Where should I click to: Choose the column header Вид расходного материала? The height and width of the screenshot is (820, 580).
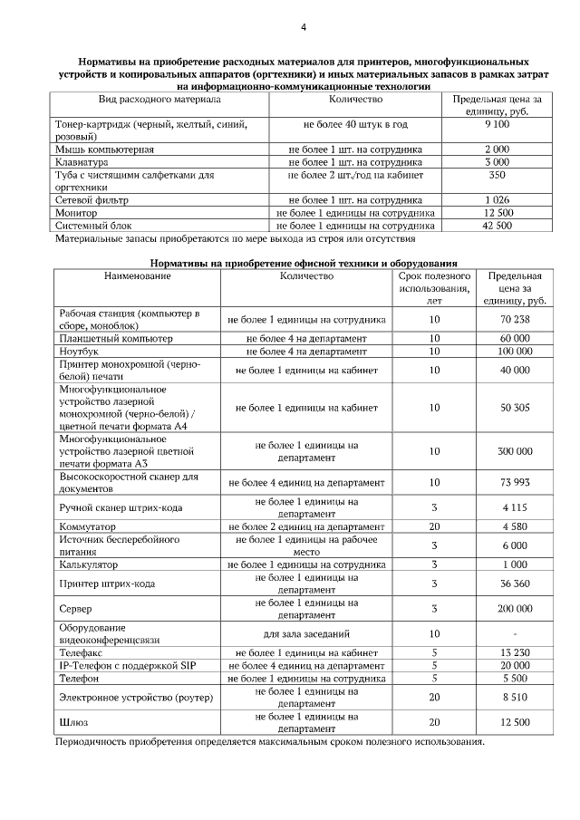(159, 98)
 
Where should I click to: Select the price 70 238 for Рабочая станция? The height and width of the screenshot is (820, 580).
(515, 320)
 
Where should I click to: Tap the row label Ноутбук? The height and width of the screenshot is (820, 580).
(79, 352)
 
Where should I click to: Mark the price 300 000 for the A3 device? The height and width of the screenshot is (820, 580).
(515, 451)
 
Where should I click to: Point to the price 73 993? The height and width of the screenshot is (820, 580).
(515, 483)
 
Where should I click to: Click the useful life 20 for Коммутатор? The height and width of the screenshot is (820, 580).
(434, 526)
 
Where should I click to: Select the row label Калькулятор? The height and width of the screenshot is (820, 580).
(91, 564)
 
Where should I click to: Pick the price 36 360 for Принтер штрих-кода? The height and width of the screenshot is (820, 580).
(515, 584)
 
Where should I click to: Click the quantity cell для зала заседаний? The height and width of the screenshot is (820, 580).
(306, 634)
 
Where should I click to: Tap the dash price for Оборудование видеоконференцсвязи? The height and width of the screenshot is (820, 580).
(515, 634)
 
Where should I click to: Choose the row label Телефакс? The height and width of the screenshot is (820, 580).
(82, 652)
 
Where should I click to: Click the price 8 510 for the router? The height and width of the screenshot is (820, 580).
(515, 697)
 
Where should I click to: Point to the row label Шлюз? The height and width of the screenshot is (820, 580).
(73, 722)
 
